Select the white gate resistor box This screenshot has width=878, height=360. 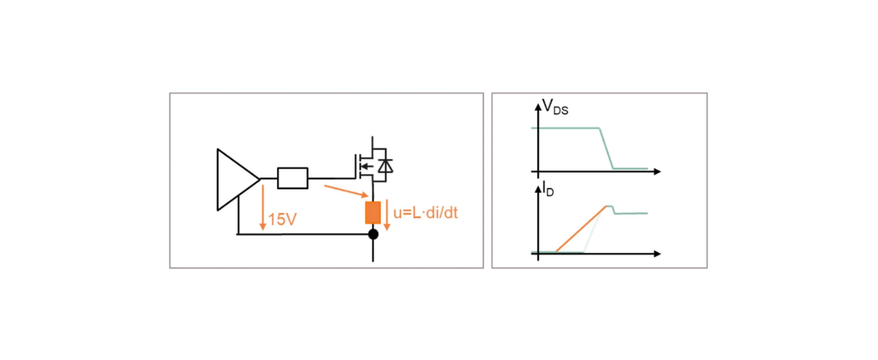coord(292,178)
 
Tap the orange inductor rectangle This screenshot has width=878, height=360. coord(373,213)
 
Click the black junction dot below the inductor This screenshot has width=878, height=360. coord(373,235)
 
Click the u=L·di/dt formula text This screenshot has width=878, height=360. coord(426,213)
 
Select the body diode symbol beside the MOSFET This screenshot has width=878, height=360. coord(386,166)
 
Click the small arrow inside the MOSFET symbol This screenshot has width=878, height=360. coord(366,167)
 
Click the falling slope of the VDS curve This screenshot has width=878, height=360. coord(606,148)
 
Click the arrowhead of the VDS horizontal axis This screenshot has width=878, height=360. coord(656,172)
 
